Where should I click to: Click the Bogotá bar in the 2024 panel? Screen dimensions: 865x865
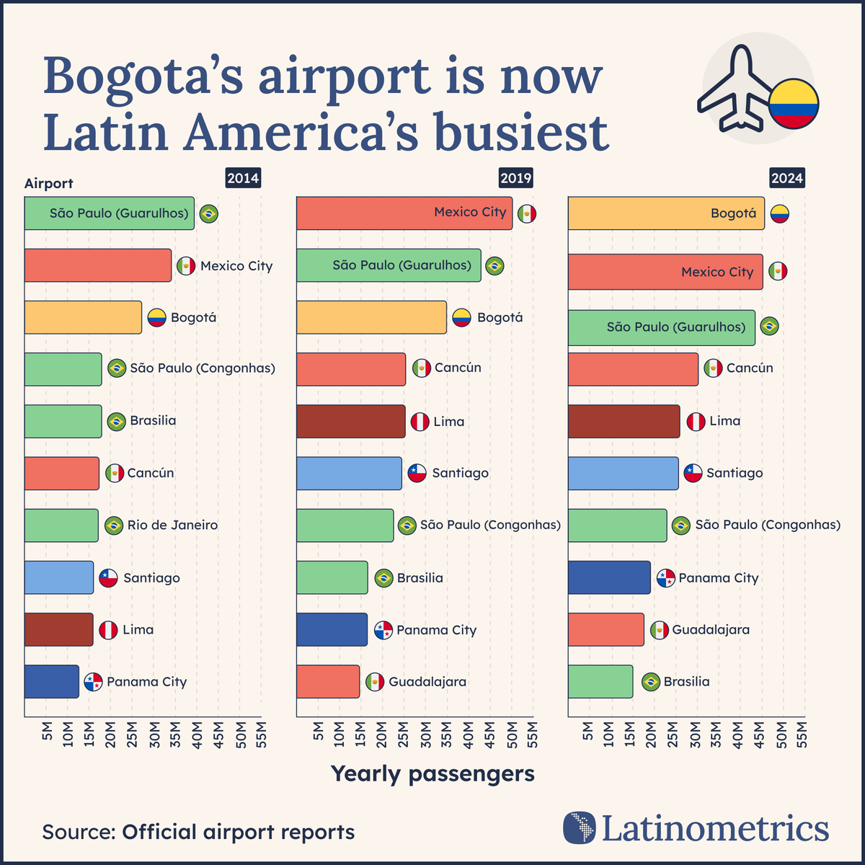click(666, 213)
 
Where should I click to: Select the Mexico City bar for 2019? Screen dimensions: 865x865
click(404, 213)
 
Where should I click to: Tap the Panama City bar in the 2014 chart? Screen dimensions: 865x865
click(51, 682)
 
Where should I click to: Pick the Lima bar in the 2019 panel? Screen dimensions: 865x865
click(351, 422)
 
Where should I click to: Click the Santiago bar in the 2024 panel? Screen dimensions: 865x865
click(623, 474)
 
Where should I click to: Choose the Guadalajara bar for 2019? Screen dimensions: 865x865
click(328, 682)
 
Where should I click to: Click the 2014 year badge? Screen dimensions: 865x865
click(243, 178)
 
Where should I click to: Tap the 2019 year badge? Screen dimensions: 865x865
click(515, 178)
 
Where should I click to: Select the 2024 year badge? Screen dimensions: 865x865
click(786, 178)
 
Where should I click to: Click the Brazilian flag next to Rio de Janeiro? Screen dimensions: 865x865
click(113, 525)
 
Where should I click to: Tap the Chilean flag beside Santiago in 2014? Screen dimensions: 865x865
click(108, 578)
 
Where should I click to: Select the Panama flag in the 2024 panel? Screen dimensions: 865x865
click(665, 578)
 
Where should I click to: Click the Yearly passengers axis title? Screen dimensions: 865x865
click(432, 773)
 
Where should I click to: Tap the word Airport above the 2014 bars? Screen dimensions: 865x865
click(49, 184)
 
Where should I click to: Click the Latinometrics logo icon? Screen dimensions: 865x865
click(580, 828)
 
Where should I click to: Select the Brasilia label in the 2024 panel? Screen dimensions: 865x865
click(686, 682)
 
